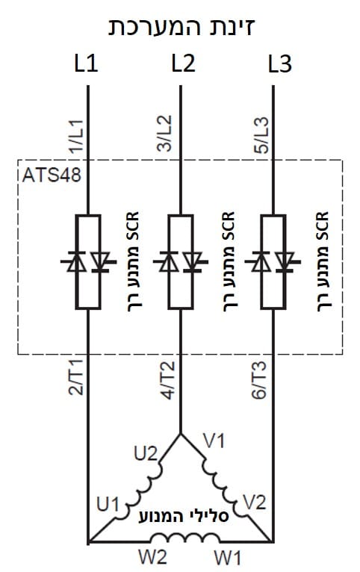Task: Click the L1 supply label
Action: [86, 63]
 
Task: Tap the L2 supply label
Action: [184, 63]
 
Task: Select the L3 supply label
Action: [280, 63]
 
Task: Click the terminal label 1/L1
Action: [77, 136]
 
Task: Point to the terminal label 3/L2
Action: [164, 134]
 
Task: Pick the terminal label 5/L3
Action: [261, 135]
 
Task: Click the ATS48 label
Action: [52, 175]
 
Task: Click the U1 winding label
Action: [108, 505]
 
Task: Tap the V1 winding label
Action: [214, 441]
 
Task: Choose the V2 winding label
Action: [255, 503]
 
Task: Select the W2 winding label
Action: [153, 557]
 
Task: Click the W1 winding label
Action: [228, 558]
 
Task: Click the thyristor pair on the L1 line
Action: [88, 262]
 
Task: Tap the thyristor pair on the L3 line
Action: [273, 262]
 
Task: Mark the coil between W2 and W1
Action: [185, 538]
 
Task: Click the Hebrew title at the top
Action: [181, 26]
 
